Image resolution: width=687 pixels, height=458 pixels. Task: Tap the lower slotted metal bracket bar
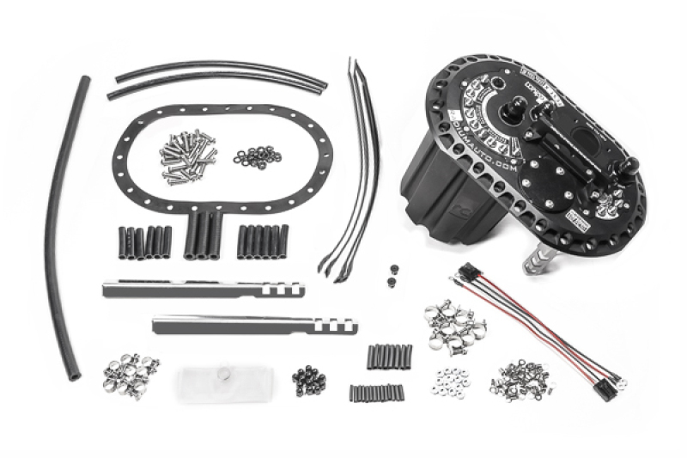pos(249,326)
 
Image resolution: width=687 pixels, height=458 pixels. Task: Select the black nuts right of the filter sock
pos(307,378)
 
